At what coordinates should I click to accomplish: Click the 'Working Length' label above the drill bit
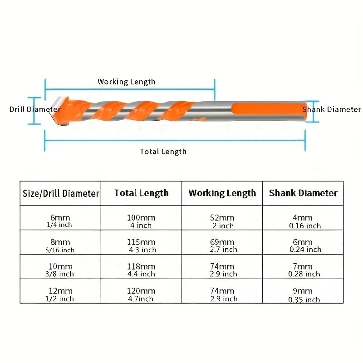[127, 82]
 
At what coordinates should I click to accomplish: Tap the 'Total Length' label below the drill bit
[163, 152]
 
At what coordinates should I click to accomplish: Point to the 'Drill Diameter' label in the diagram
[35, 109]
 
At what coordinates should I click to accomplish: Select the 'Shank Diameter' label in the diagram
[331, 109]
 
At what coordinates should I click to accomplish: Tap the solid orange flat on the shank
[269, 109]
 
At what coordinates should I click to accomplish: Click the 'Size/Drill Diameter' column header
[61, 193]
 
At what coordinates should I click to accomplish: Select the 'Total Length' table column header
[141, 193]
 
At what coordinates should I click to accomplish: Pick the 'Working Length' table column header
[222, 193]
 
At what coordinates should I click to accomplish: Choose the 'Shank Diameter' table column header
[303, 193]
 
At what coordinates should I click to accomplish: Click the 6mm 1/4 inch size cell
[60, 218]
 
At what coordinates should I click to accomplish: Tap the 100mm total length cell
[141, 218]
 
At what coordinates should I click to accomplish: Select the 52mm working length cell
[222, 218]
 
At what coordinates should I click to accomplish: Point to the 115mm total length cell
[141, 242]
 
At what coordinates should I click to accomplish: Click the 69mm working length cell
[222, 242]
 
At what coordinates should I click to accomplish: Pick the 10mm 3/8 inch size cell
[60, 267]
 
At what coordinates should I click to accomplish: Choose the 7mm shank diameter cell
[303, 267]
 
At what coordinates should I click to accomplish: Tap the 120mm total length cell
[141, 291]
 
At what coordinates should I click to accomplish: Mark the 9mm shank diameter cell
[303, 291]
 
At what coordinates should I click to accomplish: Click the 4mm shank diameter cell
[303, 218]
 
